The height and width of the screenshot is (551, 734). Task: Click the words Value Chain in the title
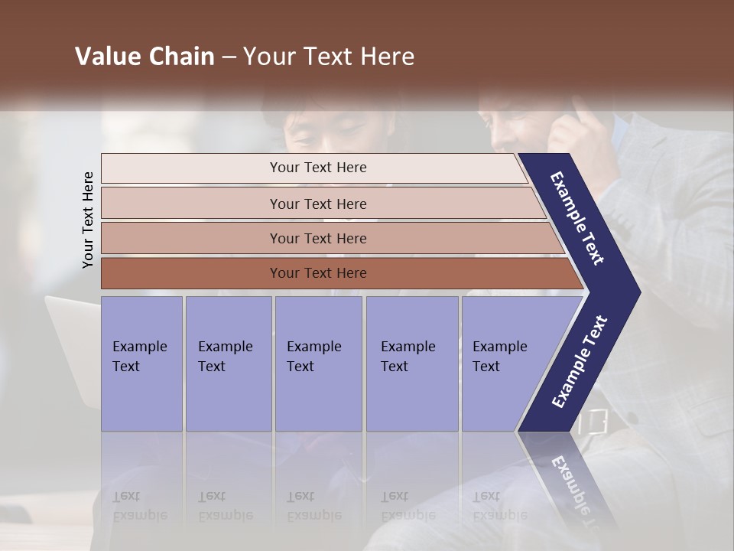145,57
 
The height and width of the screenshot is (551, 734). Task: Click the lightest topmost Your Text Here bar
317,168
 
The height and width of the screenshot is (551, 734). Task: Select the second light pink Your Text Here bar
317,204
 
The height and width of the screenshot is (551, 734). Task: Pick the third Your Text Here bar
317,239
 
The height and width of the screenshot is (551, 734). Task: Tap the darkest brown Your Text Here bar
317,273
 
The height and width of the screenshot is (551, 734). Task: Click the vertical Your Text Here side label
88,220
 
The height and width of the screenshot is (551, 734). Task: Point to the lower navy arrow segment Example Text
579,361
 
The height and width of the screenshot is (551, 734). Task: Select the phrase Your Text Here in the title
329,57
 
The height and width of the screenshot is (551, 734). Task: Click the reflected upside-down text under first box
140,506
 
